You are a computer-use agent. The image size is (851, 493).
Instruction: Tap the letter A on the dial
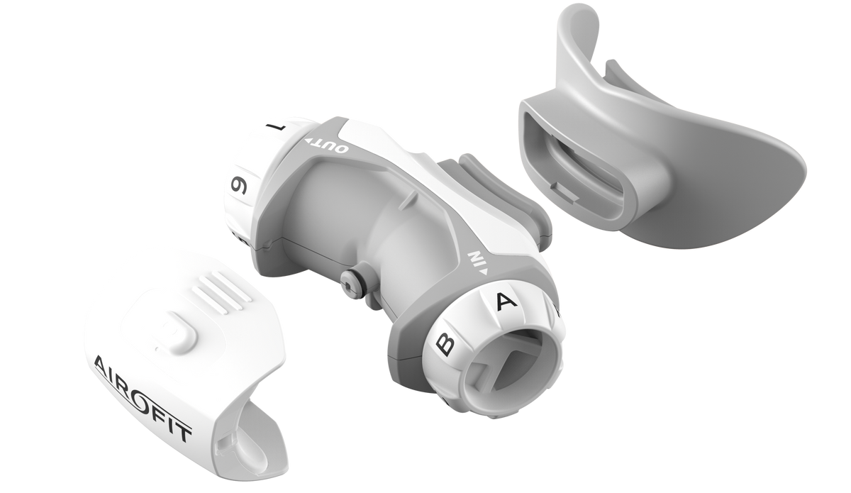506,301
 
